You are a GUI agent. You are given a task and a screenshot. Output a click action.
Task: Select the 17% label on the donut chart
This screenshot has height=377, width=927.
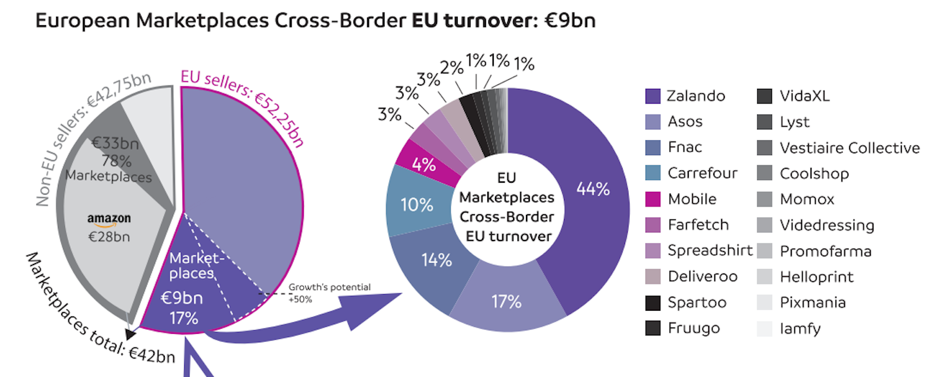click(506, 302)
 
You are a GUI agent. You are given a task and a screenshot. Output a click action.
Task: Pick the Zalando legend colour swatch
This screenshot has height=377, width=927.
click(653, 96)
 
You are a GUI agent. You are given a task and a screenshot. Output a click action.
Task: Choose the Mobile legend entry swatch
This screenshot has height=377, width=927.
click(653, 199)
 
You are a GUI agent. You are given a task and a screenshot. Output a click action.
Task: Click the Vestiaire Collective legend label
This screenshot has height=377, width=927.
click(850, 147)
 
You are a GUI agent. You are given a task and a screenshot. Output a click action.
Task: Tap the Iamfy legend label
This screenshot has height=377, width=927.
click(800, 329)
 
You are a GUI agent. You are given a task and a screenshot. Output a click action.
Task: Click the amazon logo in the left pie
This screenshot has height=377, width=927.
click(109, 219)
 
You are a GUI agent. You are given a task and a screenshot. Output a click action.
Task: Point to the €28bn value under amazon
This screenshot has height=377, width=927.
click(109, 237)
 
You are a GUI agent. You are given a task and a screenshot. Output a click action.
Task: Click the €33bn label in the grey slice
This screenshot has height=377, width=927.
click(115, 143)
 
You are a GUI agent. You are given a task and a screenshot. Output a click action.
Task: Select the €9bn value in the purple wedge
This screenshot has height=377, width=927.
click(182, 298)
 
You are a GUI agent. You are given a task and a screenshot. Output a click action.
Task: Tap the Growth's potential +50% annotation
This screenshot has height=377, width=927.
click(330, 293)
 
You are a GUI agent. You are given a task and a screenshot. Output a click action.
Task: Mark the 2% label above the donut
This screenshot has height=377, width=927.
click(451, 68)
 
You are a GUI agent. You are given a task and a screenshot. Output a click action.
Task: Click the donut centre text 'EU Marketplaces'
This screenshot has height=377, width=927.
click(507, 187)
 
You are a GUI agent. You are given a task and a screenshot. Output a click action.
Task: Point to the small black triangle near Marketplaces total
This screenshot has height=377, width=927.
click(130, 334)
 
